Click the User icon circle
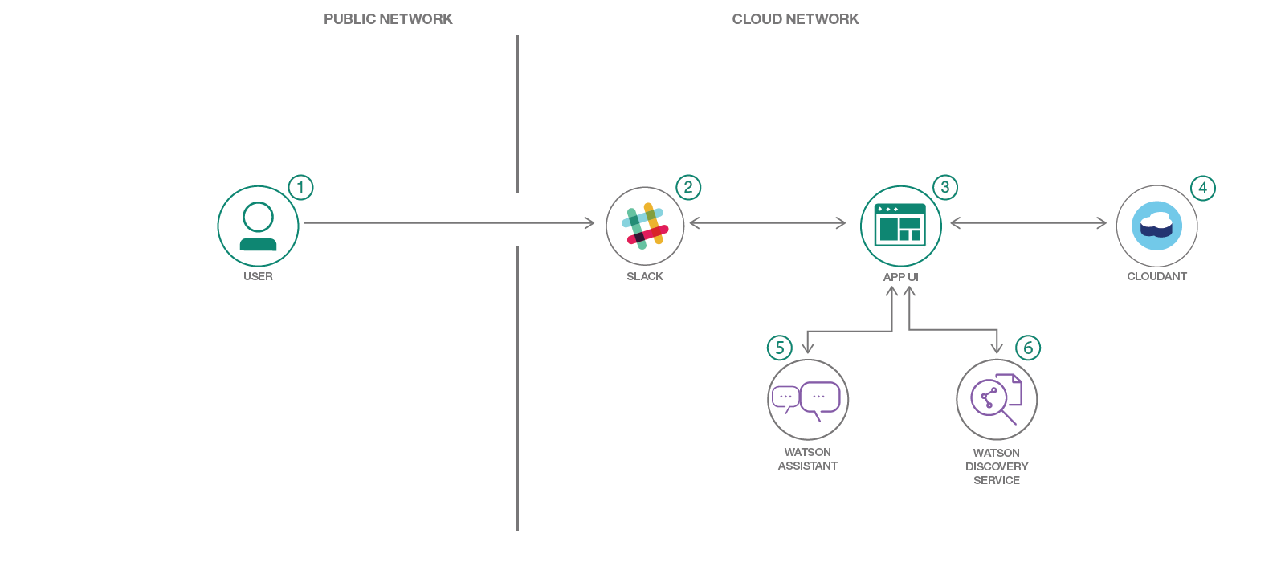pyautogui.click(x=258, y=226)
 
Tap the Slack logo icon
pyautogui.click(x=645, y=226)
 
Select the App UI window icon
pyautogui.click(x=900, y=226)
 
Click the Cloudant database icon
pyautogui.click(x=1156, y=226)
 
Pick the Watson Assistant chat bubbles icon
pyautogui.click(x=807, y=399)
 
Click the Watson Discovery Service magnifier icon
pyautogui.click(x=996, y=399)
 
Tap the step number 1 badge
pyautogui.click(x=300, y=188)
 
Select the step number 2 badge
pyautogui.click(x=688, y=188)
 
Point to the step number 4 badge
pyautogui.click(x=1202, y=189)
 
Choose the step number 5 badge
pyautogui.click(x=779, y=348)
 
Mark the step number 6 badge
pyautogui.click(x=1028, y=348)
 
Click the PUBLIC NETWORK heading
pyautogui.click(x=388, y=19)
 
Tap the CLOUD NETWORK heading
pyautogui.click(x=795, y=19)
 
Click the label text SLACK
pyautogui.click(x=645, y=276)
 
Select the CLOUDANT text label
pyautogui.click(x=1156, y=276)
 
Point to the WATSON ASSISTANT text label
pyautogui.click(x=807, y=459)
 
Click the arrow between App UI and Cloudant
pyautogui.click(x=1028, y=223)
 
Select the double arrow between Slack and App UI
pyautogui.click(x=767, y=223)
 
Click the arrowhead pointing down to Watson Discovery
pyautogui.click(x=997, y=347)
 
